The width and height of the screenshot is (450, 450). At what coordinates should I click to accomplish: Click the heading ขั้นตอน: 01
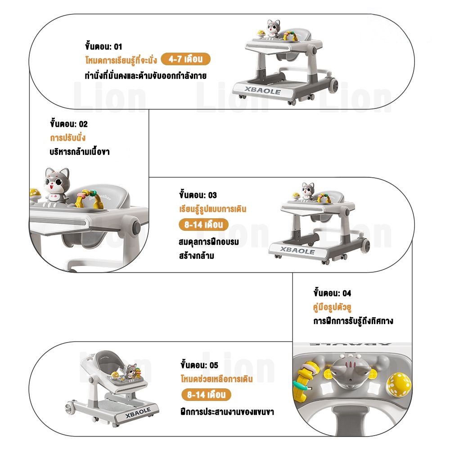pos(103,46)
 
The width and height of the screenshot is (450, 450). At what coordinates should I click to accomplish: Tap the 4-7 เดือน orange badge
pos(185,59)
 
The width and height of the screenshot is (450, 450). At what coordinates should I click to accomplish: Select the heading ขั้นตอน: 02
pos(68,123)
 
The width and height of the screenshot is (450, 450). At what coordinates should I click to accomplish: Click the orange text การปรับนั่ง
pos(68,137)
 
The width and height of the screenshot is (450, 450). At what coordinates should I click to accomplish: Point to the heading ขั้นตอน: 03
pos(198,194)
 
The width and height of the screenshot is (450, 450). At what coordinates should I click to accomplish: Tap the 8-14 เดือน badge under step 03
pos(203,225)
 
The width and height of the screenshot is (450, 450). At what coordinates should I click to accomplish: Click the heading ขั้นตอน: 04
pos(332,293)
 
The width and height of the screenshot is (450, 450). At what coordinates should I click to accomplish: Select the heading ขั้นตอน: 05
pos(199,365)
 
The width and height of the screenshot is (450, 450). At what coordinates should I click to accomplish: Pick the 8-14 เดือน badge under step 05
pos(206,395)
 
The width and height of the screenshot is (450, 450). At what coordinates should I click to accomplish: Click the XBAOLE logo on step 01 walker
pos(263,90)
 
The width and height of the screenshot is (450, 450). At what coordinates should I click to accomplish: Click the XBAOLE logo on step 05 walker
pos(138,413)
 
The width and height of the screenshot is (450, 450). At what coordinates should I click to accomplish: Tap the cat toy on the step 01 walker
pos(273,29)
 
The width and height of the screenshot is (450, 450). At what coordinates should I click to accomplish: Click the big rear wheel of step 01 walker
pos(333,85)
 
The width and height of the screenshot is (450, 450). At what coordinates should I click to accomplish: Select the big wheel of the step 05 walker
pos(70,408)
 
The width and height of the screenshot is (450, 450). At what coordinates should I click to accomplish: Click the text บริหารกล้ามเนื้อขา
pos(80,151)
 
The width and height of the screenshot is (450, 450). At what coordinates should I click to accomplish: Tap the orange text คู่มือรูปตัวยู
pos(332,307)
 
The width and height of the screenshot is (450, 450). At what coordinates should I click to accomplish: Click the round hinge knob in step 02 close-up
pos(136,227)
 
